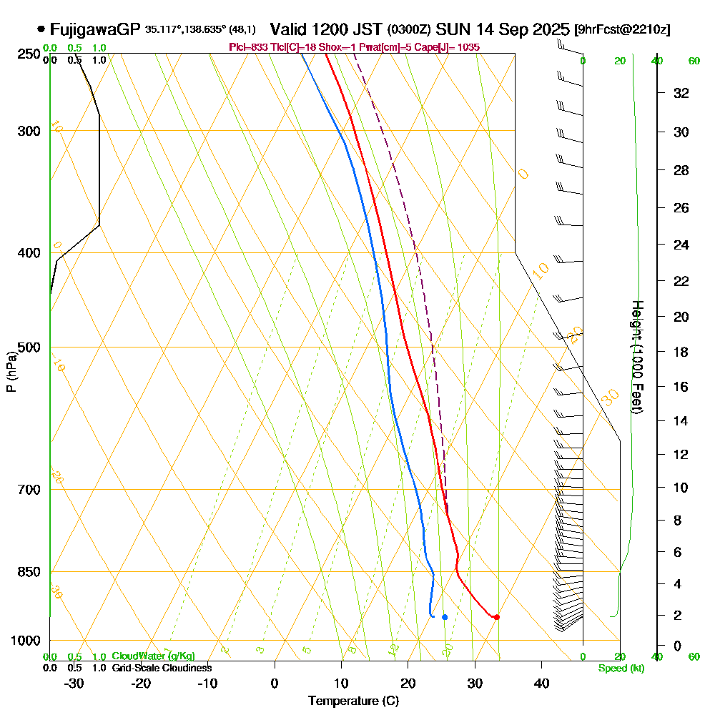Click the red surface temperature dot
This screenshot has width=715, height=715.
(x=496, y=617)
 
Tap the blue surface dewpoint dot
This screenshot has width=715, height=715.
(x=445, y=617)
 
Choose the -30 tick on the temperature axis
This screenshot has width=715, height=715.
(x=74, y=683)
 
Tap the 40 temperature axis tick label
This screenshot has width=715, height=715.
(x=541, y=683)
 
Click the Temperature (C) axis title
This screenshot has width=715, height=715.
(x=353, y=701)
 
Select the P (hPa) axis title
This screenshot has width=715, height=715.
(x=11, y=371)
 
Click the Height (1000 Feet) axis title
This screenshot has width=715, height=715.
(x=637, y=356)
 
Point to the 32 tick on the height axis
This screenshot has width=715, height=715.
(x=681, y=93)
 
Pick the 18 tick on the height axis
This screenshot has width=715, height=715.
(x=681, y=352)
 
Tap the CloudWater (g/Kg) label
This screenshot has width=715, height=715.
(x=153, y=656)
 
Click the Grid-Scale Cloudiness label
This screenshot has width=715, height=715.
(x=162, y=668)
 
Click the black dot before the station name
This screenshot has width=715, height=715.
(x=41, y=30)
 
